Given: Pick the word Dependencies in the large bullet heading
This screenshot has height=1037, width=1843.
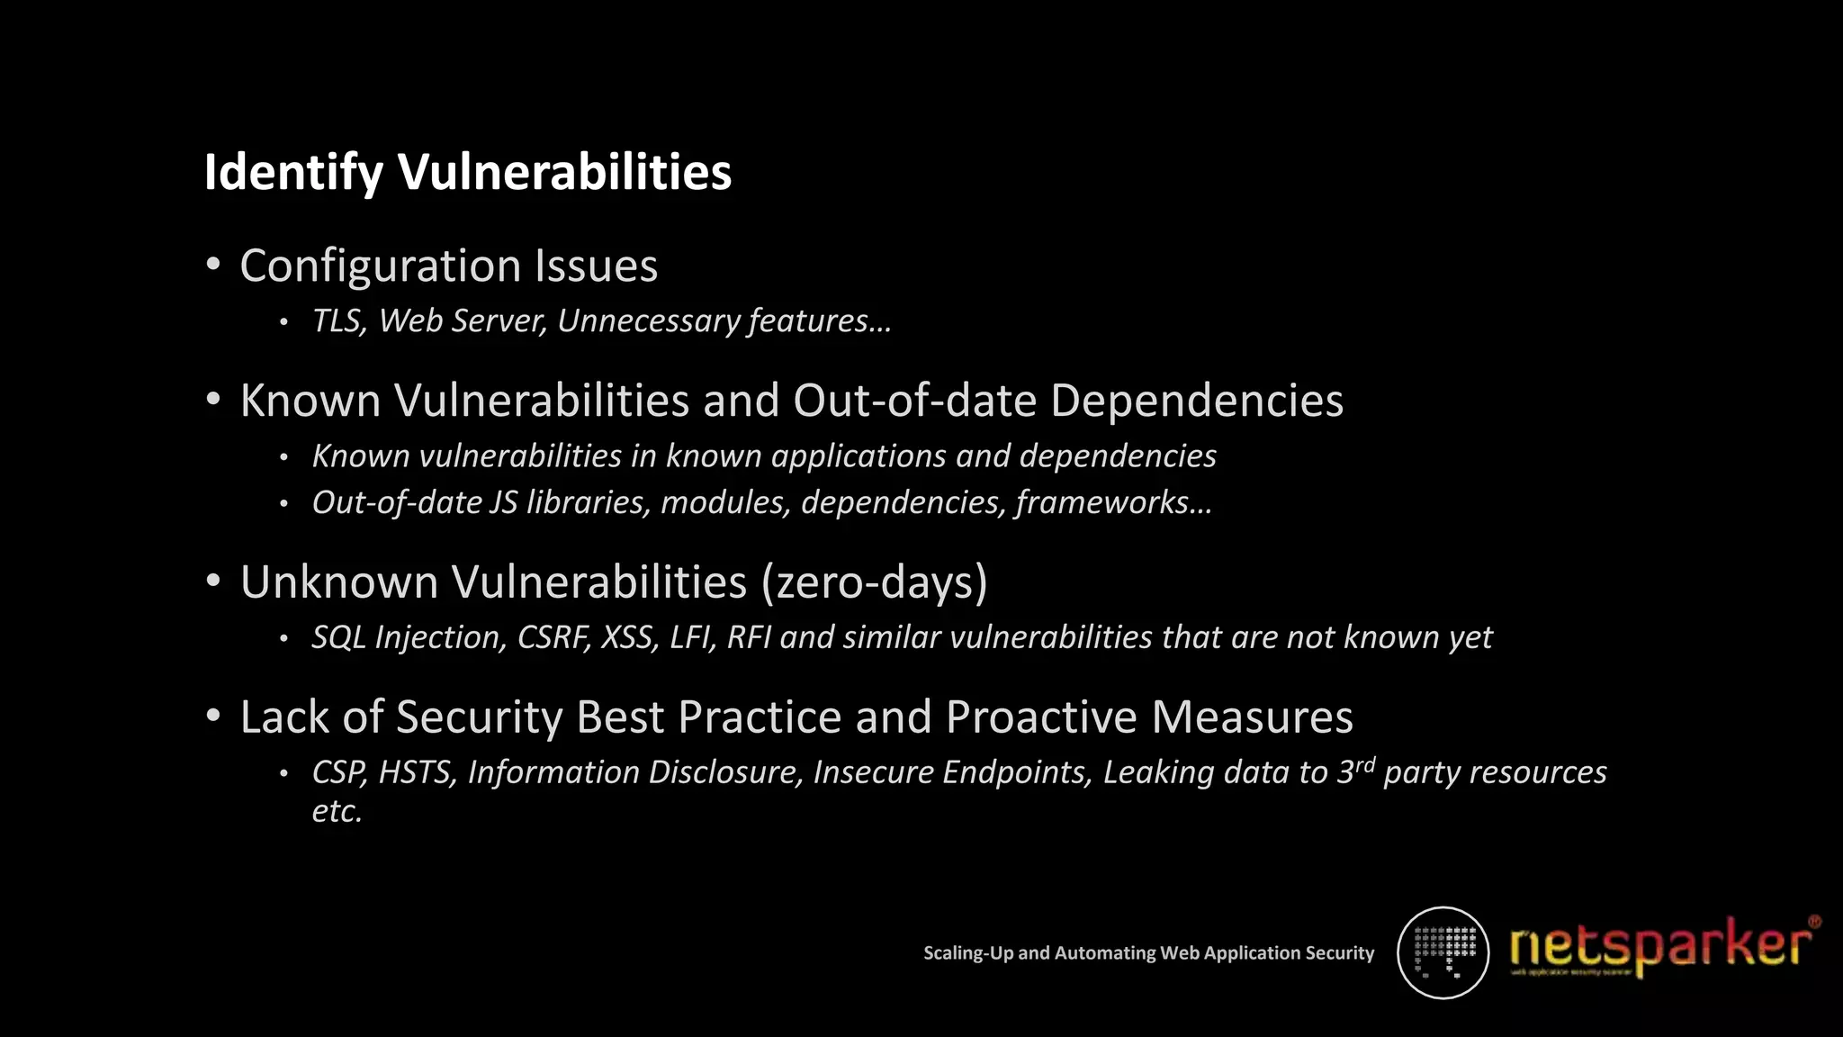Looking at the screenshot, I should click(x=1196, y=401).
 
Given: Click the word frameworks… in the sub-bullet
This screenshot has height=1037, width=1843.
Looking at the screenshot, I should click(x=1114, y=502).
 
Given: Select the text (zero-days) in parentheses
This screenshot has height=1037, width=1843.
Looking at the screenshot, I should click(x=874, y=582).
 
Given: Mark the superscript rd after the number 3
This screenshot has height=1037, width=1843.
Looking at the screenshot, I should click(x=1365, y=765).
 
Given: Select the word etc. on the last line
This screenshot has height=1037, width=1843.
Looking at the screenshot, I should click(x=337, y=811).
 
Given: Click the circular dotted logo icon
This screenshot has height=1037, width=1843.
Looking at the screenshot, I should click(x=1443, y=952).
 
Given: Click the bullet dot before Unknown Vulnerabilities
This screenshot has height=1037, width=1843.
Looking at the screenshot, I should click(x=213, y=581).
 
